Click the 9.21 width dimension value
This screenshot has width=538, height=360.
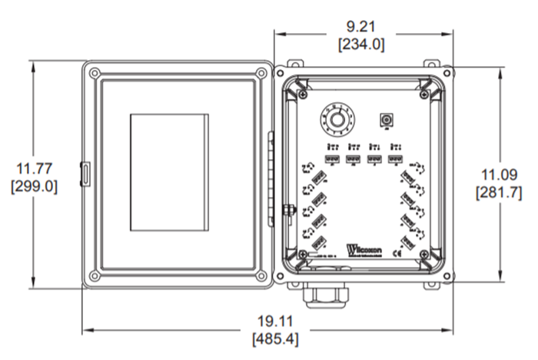point(361,28)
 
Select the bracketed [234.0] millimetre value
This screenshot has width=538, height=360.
point(361,45)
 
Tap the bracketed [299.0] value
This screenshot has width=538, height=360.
point(33,186)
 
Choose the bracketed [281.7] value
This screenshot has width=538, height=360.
point(499,191)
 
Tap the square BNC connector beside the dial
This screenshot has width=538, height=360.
point(387,120)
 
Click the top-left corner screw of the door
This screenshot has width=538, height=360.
point(93,73)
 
